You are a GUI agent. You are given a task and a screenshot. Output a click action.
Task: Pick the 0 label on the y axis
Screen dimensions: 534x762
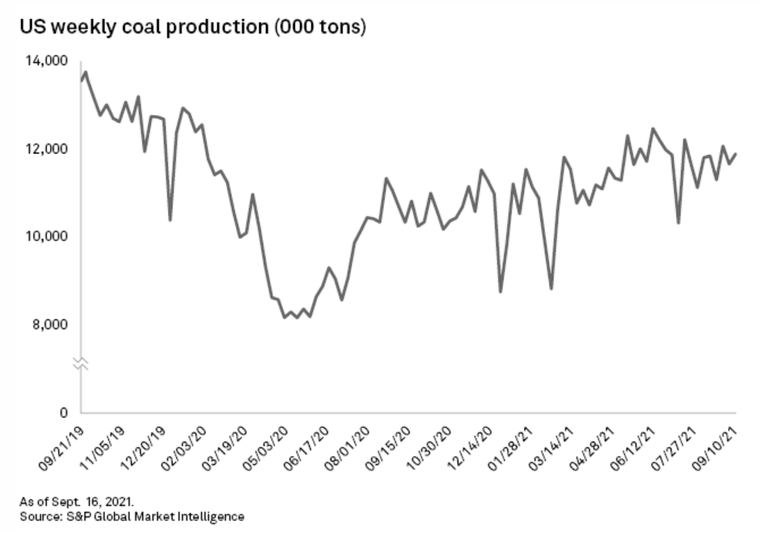coord(65,413)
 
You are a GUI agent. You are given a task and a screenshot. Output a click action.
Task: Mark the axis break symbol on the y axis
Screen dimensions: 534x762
coord(81,365)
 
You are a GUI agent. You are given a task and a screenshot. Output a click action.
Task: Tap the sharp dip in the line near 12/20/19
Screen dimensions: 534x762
coord(170,220)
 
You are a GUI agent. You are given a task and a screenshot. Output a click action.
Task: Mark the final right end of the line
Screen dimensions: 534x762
coord(736,154)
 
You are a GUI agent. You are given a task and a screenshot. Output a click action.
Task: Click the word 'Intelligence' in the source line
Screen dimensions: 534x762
coord(212,517)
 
